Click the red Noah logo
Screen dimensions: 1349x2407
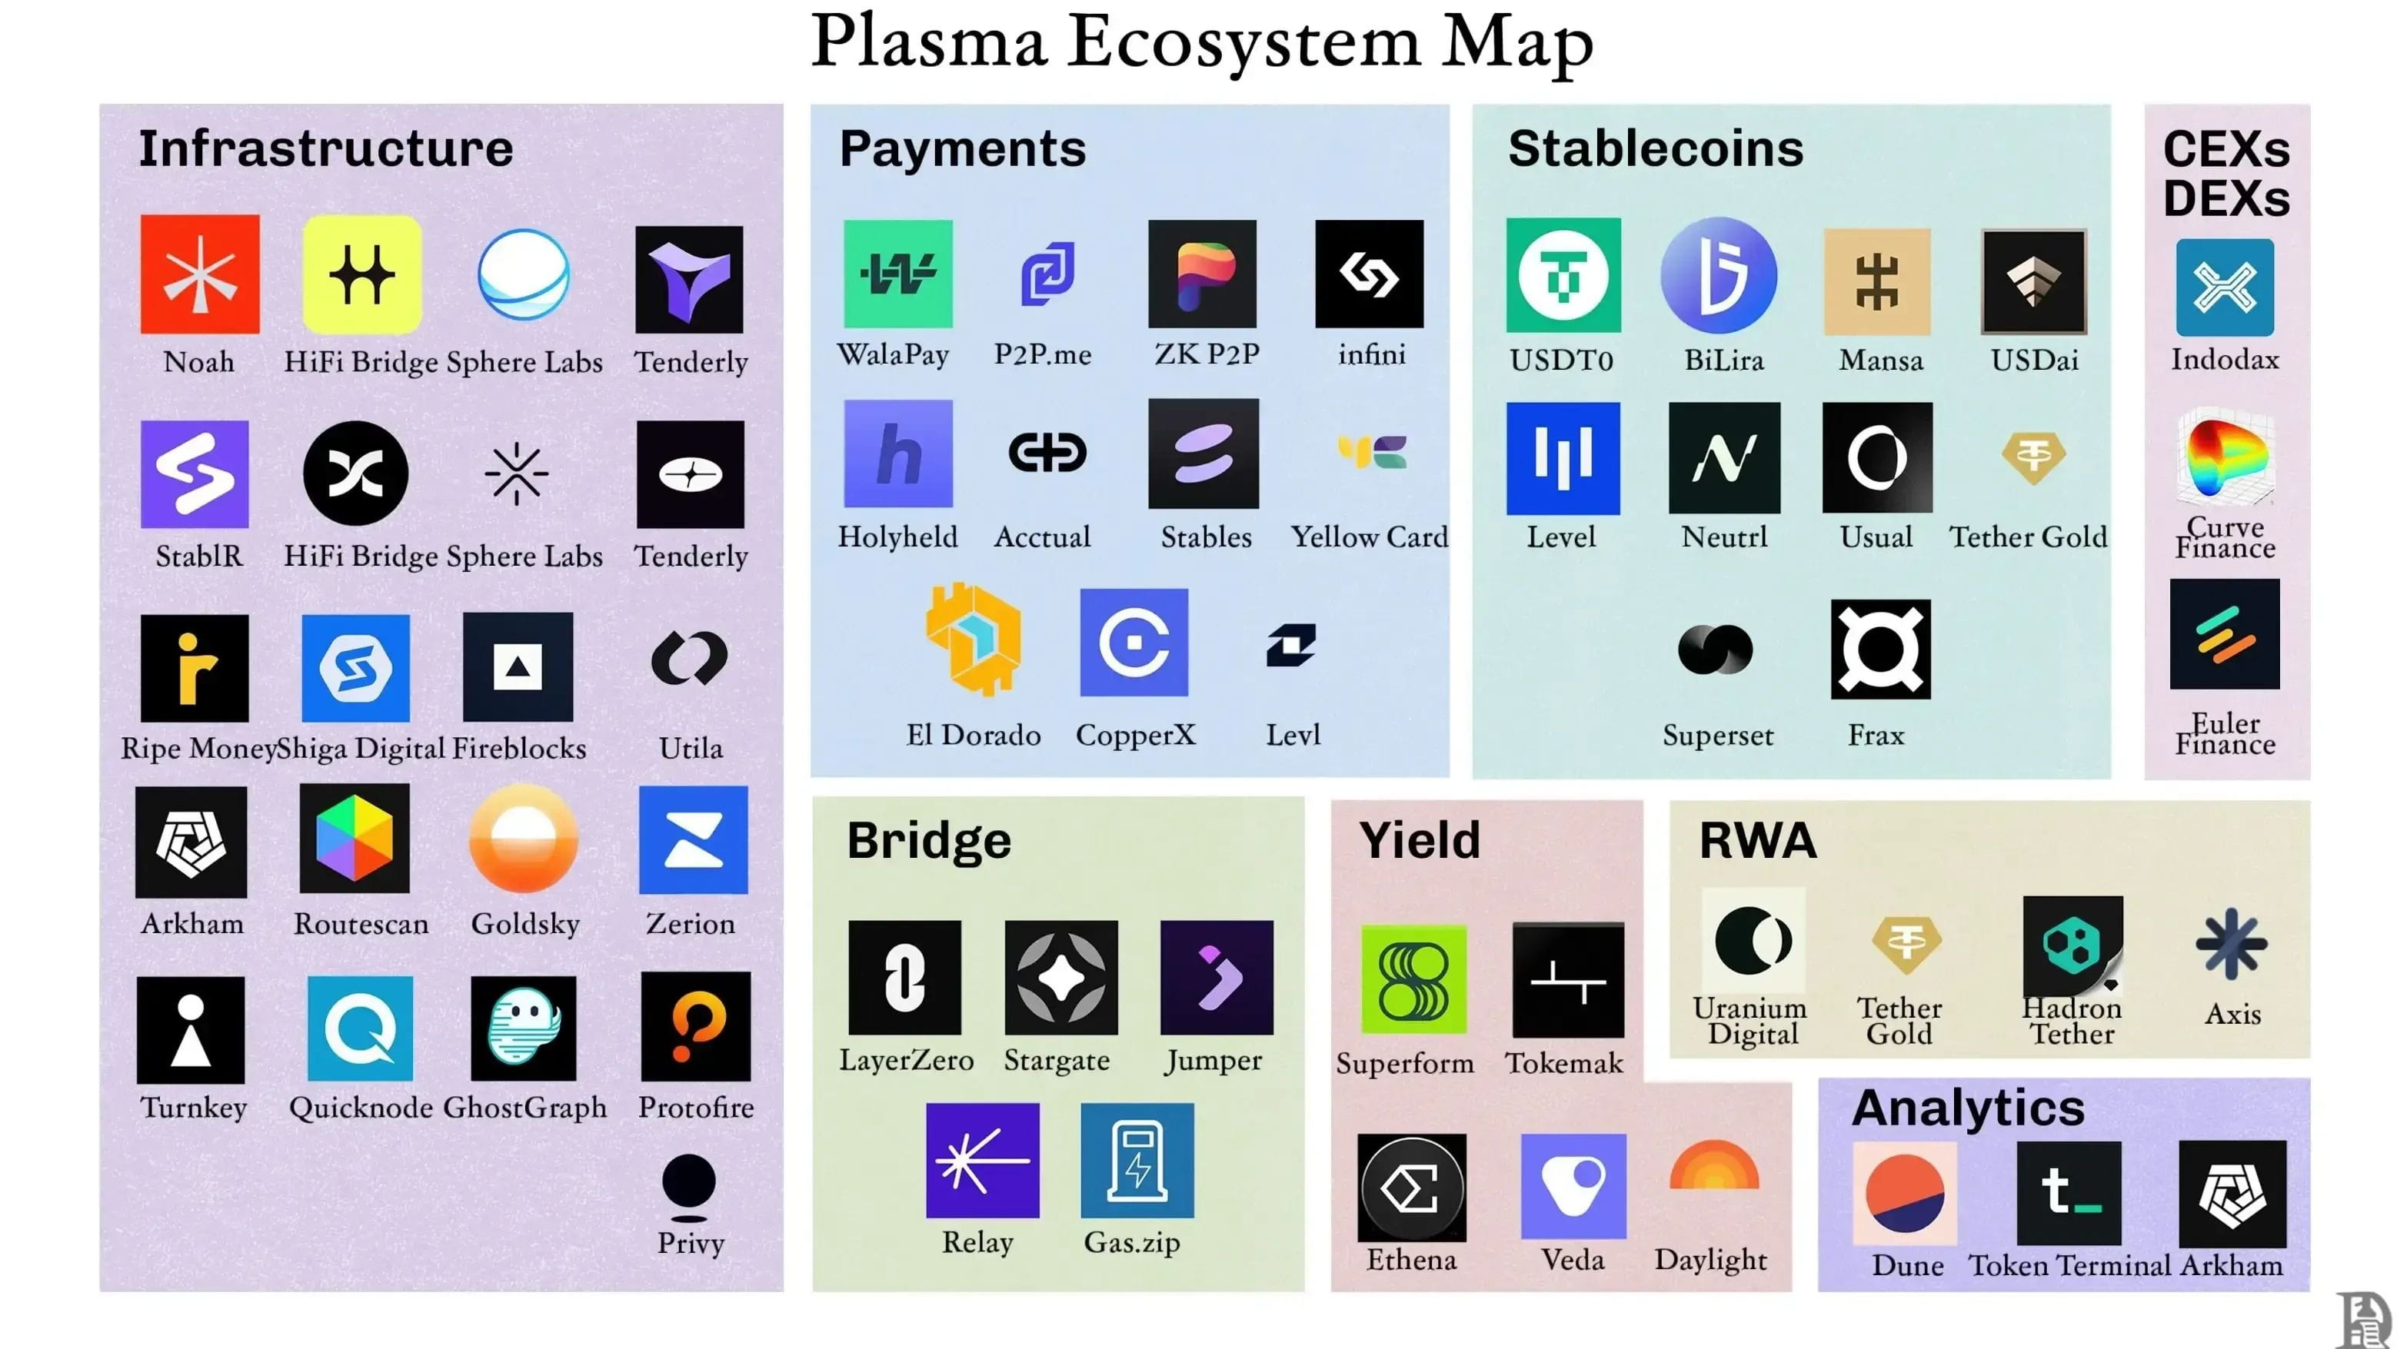click(x=199, y=274)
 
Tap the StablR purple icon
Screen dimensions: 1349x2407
click(x=195, y=473)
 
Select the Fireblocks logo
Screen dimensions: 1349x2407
click(x=518, y=666)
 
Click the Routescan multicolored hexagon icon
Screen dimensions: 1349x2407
click(x=355, y=838)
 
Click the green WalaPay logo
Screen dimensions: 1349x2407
click(x=897, y=274)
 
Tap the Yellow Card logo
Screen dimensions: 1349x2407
click(x=1370, y=453)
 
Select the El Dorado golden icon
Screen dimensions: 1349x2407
click(x=973, y=640)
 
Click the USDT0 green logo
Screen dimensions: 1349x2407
click(x=1563, y=274)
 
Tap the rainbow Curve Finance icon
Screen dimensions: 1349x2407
click(x=2225, y=459)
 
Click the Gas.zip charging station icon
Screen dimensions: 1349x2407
click(x=1137, y=1159)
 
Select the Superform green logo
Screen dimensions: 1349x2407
click(x=1413, y=979)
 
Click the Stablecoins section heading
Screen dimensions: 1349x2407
click(x=1655, y=148)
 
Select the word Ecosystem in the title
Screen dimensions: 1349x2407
click(x=1243, y=42)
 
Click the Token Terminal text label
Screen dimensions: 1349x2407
click(x=2068, y=1265)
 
